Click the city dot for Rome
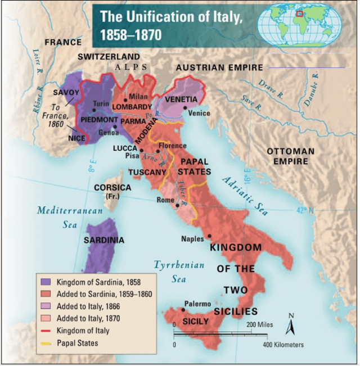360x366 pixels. [x=177, y=205]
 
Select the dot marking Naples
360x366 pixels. [x=209, y=236]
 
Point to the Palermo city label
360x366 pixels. [x=197, y=303]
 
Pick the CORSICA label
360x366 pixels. [x=112, y=187]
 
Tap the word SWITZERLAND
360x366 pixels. [x=109, y=57]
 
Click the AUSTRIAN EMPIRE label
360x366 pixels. [x=219, y=67]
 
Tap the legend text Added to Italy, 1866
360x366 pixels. [x=87, y=306]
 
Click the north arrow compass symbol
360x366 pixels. [x=291, y=324]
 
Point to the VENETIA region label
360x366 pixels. [x=181, y=100]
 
